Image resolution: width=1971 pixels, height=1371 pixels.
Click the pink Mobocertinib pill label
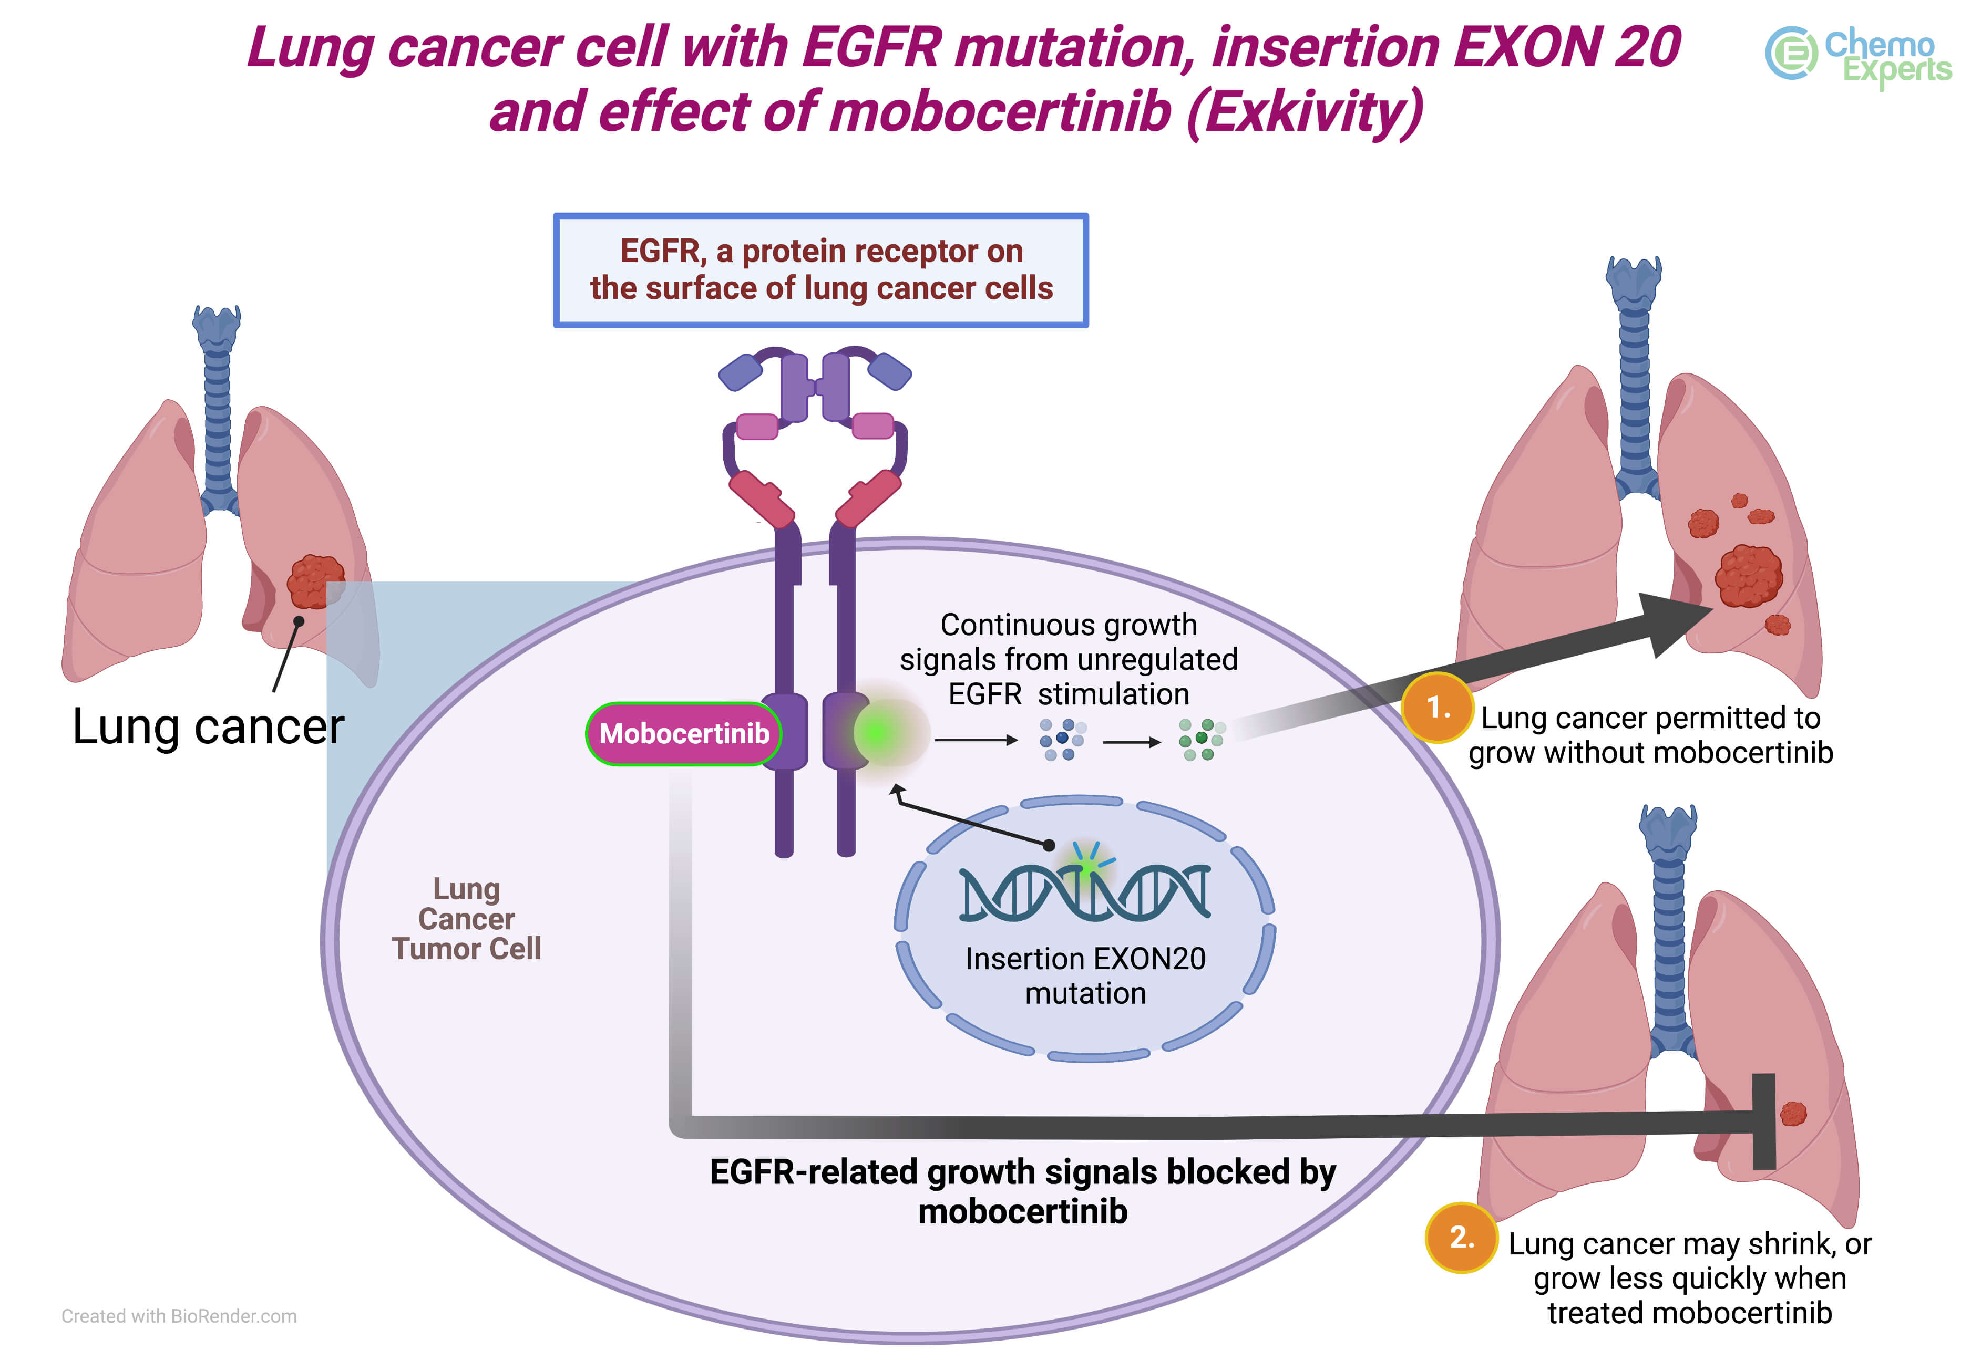[683, 733]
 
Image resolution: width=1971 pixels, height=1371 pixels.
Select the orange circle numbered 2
[1461, 1237]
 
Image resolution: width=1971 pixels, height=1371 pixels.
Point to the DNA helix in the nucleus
[1084, 894]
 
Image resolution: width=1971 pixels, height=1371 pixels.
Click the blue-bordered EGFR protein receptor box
[820, 270]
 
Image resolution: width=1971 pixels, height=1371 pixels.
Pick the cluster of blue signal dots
[1062, 740]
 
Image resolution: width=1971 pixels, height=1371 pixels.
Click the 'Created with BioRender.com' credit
[179, 1316]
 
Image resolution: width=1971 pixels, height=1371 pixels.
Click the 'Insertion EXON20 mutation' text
[1085, 975]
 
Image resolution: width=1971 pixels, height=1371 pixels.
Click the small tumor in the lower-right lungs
[1793, 1114]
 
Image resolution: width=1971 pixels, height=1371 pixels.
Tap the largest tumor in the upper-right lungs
[1749, 576]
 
